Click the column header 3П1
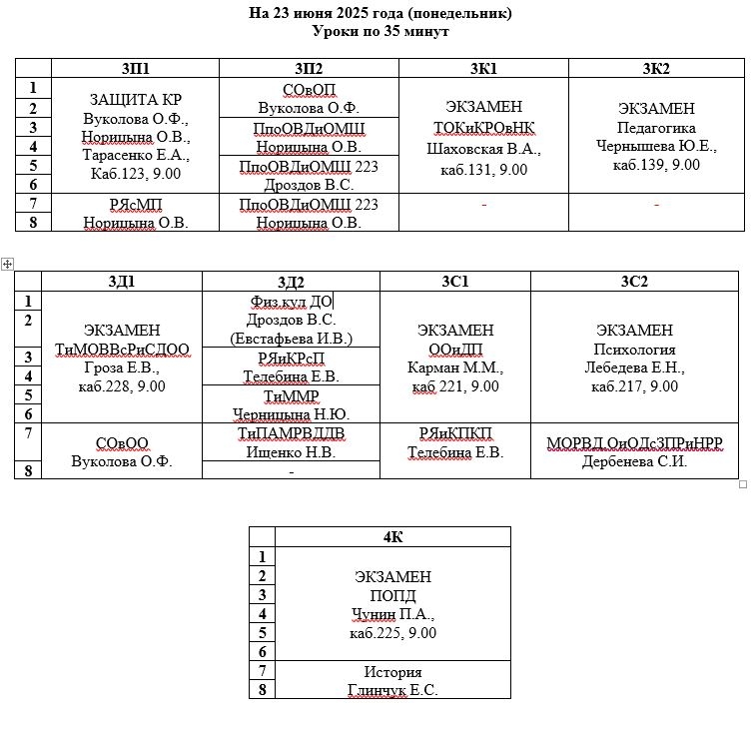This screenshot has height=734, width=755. [135, 68]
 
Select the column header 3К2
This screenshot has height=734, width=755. [656, 68]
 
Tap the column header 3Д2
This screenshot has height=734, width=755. [291, 282]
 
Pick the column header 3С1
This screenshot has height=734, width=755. [455, 282]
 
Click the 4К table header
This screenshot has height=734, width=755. [392, 537]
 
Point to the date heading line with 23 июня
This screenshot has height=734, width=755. [380, 13]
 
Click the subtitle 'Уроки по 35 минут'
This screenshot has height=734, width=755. [380, 31]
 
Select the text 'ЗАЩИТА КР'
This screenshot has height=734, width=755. [136, 100]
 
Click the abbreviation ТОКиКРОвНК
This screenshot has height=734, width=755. [484, 128]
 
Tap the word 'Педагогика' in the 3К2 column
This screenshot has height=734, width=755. [656, 128]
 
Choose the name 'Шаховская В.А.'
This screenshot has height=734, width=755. [484, 149]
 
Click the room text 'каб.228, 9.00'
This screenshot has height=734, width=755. [122, 386]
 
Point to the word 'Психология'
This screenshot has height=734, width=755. [634, 350]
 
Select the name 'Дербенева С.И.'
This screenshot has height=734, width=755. [634, 461]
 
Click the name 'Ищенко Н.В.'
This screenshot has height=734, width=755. [291, 452]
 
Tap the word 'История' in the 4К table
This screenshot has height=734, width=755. [392, 671]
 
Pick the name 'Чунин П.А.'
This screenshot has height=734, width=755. [392, 614]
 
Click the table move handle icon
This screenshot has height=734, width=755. [7, 264]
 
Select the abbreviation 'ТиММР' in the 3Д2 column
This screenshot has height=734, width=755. [291, 395]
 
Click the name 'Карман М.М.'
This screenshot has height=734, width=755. [455, 367]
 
